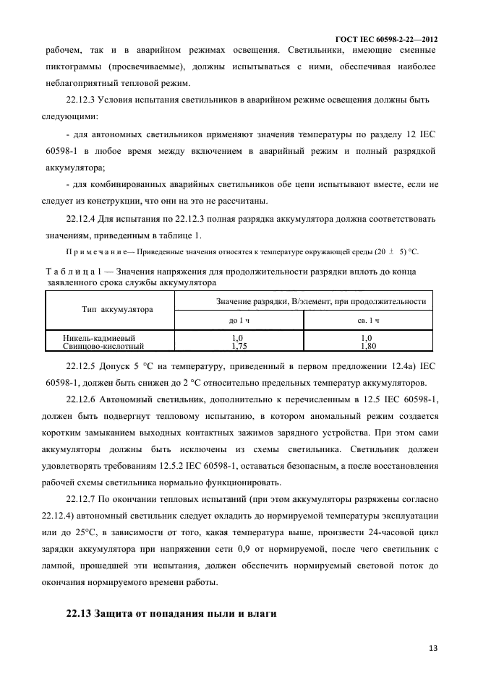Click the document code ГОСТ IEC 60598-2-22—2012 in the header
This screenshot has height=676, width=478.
[x=387, y=38]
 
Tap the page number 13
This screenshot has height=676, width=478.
[x=432, y=648]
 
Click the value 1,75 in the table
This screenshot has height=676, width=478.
[x=238, y=346]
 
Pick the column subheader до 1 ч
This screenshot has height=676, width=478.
[x=239, y=319]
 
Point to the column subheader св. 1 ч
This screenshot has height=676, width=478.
[x=367, y=319]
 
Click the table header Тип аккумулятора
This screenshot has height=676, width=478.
[x=117, y=309]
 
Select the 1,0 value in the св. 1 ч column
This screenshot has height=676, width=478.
[x=366, y=337]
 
